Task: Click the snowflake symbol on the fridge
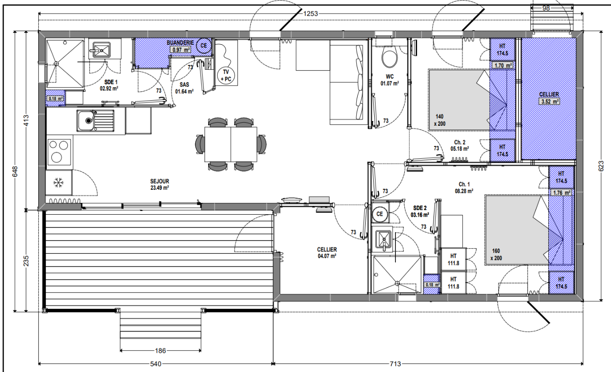tap(58, 182)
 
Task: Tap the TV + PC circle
tap(226, 75)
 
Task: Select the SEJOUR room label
tap(159, 181)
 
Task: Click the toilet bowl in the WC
tap(390, 58)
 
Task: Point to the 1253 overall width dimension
tap(310, 14)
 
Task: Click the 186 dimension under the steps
tap(160, 351)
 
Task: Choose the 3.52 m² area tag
tap(549, 102)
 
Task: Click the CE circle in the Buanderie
tap(203, 46)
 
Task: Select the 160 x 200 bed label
tap(496, 254)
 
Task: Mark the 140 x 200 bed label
tap(439, 120)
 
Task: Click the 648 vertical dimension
tap(15, 171)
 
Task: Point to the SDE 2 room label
tap(419, 208)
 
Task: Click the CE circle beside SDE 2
tap(380, 214)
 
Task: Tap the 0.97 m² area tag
tap(180, 49)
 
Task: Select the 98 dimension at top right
tap(546, 8)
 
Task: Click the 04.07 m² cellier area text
tap(327, 256)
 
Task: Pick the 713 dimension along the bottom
tap(395, 364)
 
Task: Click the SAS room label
tap(184, 85)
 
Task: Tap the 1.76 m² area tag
tap(561, 193)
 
